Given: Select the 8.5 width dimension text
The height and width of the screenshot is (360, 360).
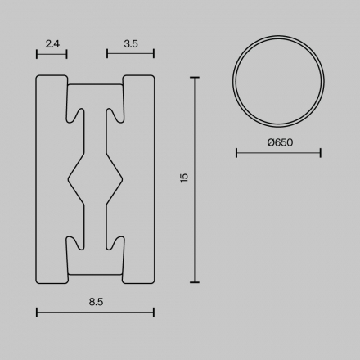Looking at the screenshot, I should [96, 301].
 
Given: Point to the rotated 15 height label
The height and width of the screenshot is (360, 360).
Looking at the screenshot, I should [184, 178].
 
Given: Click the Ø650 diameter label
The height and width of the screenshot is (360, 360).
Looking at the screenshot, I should [279, 142].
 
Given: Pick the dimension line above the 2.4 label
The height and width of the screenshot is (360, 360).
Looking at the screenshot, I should [52, 54].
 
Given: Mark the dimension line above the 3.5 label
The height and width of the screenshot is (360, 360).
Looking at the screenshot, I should [130, 54].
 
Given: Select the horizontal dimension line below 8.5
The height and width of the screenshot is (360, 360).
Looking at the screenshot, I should [96, 312].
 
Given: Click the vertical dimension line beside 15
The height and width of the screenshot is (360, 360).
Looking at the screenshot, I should [194, 179].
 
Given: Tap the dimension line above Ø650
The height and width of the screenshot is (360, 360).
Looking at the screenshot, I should [278, 152].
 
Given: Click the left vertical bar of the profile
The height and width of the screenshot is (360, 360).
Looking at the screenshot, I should [52, 179].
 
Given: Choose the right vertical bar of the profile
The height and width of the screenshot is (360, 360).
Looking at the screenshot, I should [139, 179].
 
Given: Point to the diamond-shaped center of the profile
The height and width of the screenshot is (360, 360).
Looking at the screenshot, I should [96, 178].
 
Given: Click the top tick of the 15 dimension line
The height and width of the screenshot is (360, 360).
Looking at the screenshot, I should [194, 78].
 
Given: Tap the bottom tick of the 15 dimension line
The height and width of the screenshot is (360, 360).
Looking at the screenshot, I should [194, 281].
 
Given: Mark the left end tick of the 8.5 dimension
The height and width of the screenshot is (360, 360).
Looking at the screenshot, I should [38, 312].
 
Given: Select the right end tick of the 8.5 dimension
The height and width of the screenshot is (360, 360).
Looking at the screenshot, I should [154, 312].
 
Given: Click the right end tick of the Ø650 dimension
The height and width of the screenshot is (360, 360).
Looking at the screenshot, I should [320, 152].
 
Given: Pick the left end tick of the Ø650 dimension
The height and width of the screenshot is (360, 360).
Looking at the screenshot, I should [236, 152].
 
